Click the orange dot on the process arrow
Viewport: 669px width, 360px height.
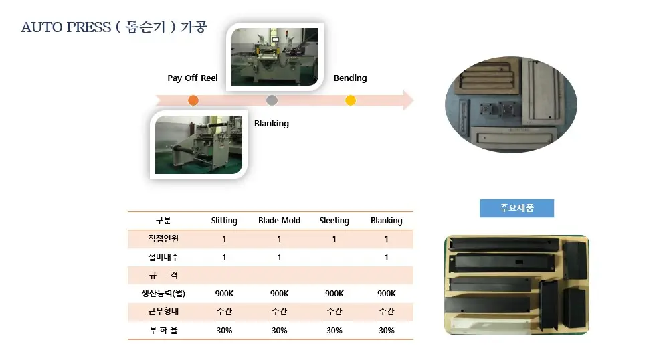coord(193,100)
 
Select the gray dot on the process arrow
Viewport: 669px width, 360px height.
coord(272,100)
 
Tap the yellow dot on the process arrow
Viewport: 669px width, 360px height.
coord(351,100)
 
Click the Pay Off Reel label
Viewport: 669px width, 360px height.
coord(193,78)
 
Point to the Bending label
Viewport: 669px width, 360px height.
coord(351,78)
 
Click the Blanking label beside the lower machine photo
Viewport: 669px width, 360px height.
coord(272,124)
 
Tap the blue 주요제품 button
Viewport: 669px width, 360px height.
coord(516,208)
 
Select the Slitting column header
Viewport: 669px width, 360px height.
coord(224,221)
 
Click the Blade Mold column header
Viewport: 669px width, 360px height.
coord(279,221)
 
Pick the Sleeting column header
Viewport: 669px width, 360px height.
coord(334,221)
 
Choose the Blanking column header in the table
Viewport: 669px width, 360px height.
coord(387,221)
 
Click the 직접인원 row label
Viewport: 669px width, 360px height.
coord(163,238)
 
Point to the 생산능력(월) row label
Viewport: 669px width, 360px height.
coord(163,294)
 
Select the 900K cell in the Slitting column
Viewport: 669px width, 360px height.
coord(224,294)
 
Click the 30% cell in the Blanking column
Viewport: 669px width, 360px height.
coord(387,330)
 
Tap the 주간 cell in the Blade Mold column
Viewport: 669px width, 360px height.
coord(280,311)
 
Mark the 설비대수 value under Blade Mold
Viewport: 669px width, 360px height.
coord(280,257)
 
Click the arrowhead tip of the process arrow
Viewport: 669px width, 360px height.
coord(414,100)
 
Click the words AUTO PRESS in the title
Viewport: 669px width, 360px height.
coord(66,27)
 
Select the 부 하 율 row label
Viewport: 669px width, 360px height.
coord(163,330)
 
